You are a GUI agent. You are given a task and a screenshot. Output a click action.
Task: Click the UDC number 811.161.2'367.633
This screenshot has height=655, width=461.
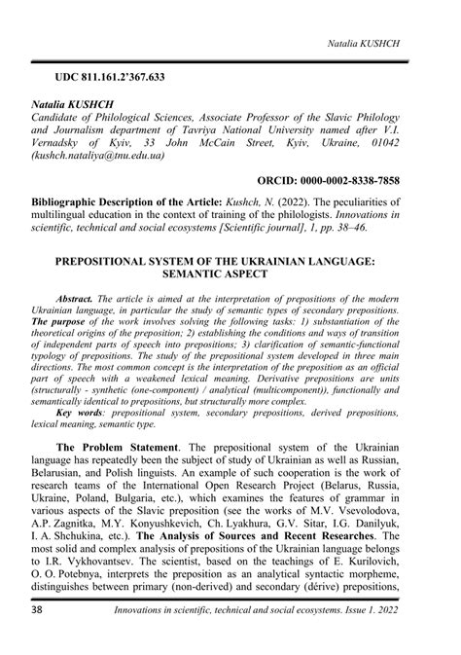click(131, 75)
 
